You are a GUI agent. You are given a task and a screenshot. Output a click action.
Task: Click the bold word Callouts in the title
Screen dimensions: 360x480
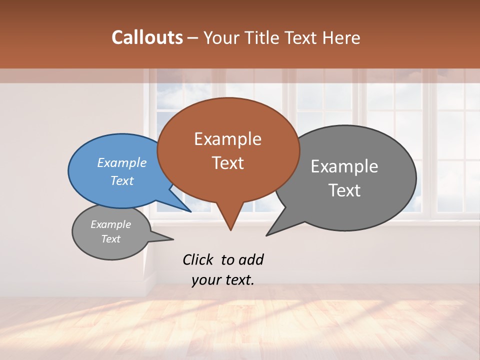(x=147, y=37)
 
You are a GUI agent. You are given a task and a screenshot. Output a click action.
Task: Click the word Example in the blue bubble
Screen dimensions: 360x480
(x=122, y=162)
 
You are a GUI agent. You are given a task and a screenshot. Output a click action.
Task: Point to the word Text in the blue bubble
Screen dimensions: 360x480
(x=122, y=180)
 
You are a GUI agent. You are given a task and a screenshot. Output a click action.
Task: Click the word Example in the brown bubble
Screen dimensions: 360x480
(x=227, y=139)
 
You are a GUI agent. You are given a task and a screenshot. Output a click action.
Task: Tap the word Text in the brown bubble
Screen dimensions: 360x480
(x=227, y=163)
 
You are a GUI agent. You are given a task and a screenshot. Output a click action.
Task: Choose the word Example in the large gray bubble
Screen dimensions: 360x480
(x=344, y=166)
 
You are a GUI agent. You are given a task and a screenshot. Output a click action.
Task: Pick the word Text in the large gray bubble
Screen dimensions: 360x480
(x=344, y=190)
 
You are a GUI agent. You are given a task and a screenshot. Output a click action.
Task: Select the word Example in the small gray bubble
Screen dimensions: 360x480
(x=110, y=224)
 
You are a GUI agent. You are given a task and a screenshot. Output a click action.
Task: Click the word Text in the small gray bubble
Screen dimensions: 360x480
(x=110, y=239)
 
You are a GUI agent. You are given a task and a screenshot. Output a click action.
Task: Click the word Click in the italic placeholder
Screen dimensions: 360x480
(x=198, y=259)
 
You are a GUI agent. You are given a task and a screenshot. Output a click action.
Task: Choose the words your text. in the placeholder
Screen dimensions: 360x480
(x=223, y=280)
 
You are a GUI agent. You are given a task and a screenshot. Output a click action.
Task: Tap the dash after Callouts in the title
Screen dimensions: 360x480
(x=193, y=38)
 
